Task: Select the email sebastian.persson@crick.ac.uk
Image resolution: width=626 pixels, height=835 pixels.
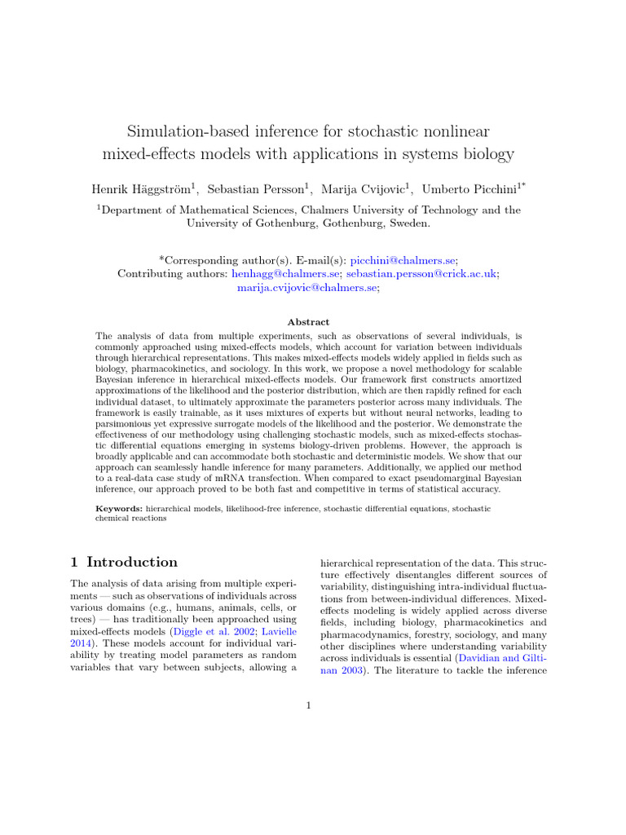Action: pyautogui.click(x=421, y=274)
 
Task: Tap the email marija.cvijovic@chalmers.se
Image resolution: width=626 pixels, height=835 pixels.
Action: pyautogui.click(x=307, y=288)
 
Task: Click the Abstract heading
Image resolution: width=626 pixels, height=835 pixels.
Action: pyautogui.click(x=308, y=322)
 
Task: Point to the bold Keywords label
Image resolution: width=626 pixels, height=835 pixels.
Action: pyautogui.click(x=119, y=508)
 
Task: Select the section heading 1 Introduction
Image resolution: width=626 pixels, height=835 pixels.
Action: pyautogui.click(x=124, y=562)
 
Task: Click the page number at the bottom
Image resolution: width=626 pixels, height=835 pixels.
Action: pyautogui.click(x=309, y=705)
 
